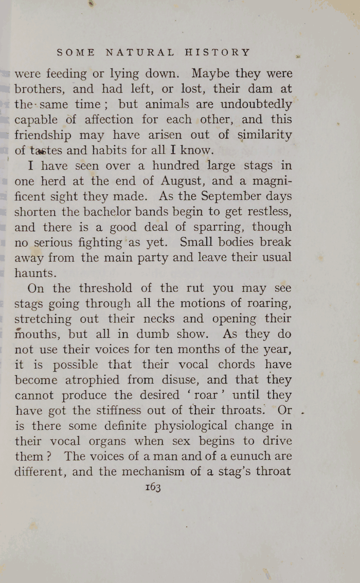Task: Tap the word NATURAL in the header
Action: coord(140,52)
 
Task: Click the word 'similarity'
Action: coord(263,135)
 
